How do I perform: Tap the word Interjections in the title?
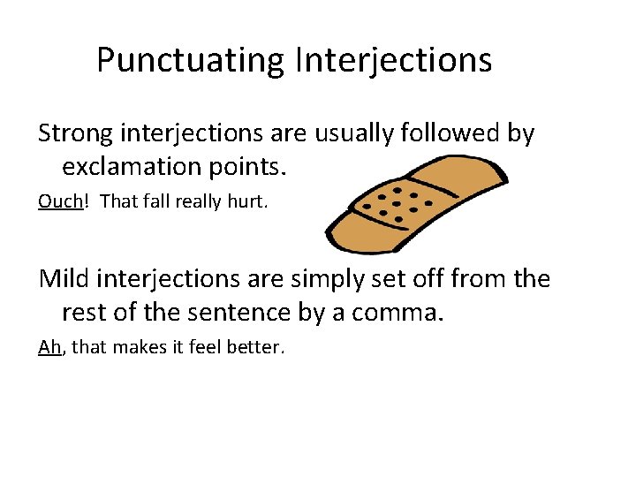[x=394, y=60]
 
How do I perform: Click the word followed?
[x=459, y=134]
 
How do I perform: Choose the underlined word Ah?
[x=49, y=347]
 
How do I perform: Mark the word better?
[x=256, y=347]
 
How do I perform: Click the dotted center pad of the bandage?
[x=397, y=203]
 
